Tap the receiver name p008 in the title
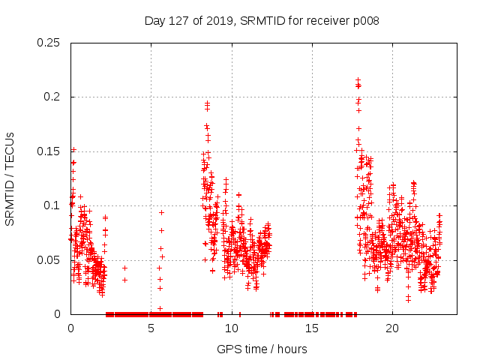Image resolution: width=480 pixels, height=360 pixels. (364, 21)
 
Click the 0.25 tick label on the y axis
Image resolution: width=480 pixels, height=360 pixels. (49, 43)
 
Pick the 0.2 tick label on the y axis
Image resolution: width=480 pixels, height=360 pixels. (52, 97)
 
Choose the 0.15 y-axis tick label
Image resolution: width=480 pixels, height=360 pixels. (49, 151)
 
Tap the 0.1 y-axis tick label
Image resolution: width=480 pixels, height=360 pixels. (52, 205)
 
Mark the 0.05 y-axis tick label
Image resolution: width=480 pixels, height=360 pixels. (49, 259)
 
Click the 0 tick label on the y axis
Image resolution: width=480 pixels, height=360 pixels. (58, 313)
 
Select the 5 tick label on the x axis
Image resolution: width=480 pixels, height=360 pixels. (151, 328)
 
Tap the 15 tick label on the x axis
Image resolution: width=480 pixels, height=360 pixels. (312, 328)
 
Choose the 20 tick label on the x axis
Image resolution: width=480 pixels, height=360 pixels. (392, 328)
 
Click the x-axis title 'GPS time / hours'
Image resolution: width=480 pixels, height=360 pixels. (262, 349)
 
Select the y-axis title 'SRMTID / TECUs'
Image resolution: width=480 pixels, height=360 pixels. (10, 178)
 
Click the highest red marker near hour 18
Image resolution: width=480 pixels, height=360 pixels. (358, 79)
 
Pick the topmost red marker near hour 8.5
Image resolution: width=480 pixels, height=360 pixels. (207, 102)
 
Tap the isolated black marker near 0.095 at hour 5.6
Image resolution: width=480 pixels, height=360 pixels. (161, 212)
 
